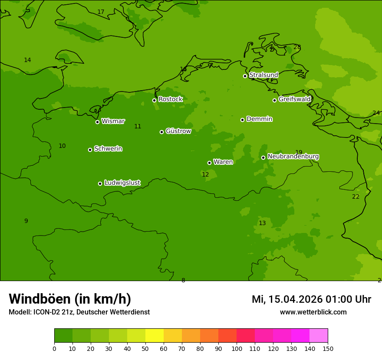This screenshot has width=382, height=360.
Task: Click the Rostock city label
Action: [170, 99]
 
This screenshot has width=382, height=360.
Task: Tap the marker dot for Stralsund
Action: [245, 76]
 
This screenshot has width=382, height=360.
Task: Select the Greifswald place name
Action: [294, 99]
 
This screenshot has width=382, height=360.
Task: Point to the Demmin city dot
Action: [242, 120]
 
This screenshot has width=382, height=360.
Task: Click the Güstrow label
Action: [178, 131]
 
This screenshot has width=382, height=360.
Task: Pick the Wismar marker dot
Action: [97, 122]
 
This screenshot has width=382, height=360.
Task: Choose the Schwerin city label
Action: [108, 149]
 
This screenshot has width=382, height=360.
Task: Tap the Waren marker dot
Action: [209, 163]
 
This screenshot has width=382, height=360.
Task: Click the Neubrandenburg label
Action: [293, 156]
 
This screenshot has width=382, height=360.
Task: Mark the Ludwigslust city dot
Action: [100, 183]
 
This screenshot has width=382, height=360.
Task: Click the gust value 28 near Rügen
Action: [297, 47]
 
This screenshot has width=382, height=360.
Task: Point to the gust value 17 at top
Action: [101, 12]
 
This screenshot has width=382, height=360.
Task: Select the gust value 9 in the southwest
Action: [26, 221]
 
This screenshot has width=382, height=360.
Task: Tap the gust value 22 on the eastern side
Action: [356, 196]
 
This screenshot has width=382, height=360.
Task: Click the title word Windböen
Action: [40, 299]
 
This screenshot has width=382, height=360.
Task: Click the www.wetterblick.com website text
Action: [313, 312]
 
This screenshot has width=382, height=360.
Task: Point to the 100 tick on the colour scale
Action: [237, 348]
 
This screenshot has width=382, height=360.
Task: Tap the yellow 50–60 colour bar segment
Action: [155, 335]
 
